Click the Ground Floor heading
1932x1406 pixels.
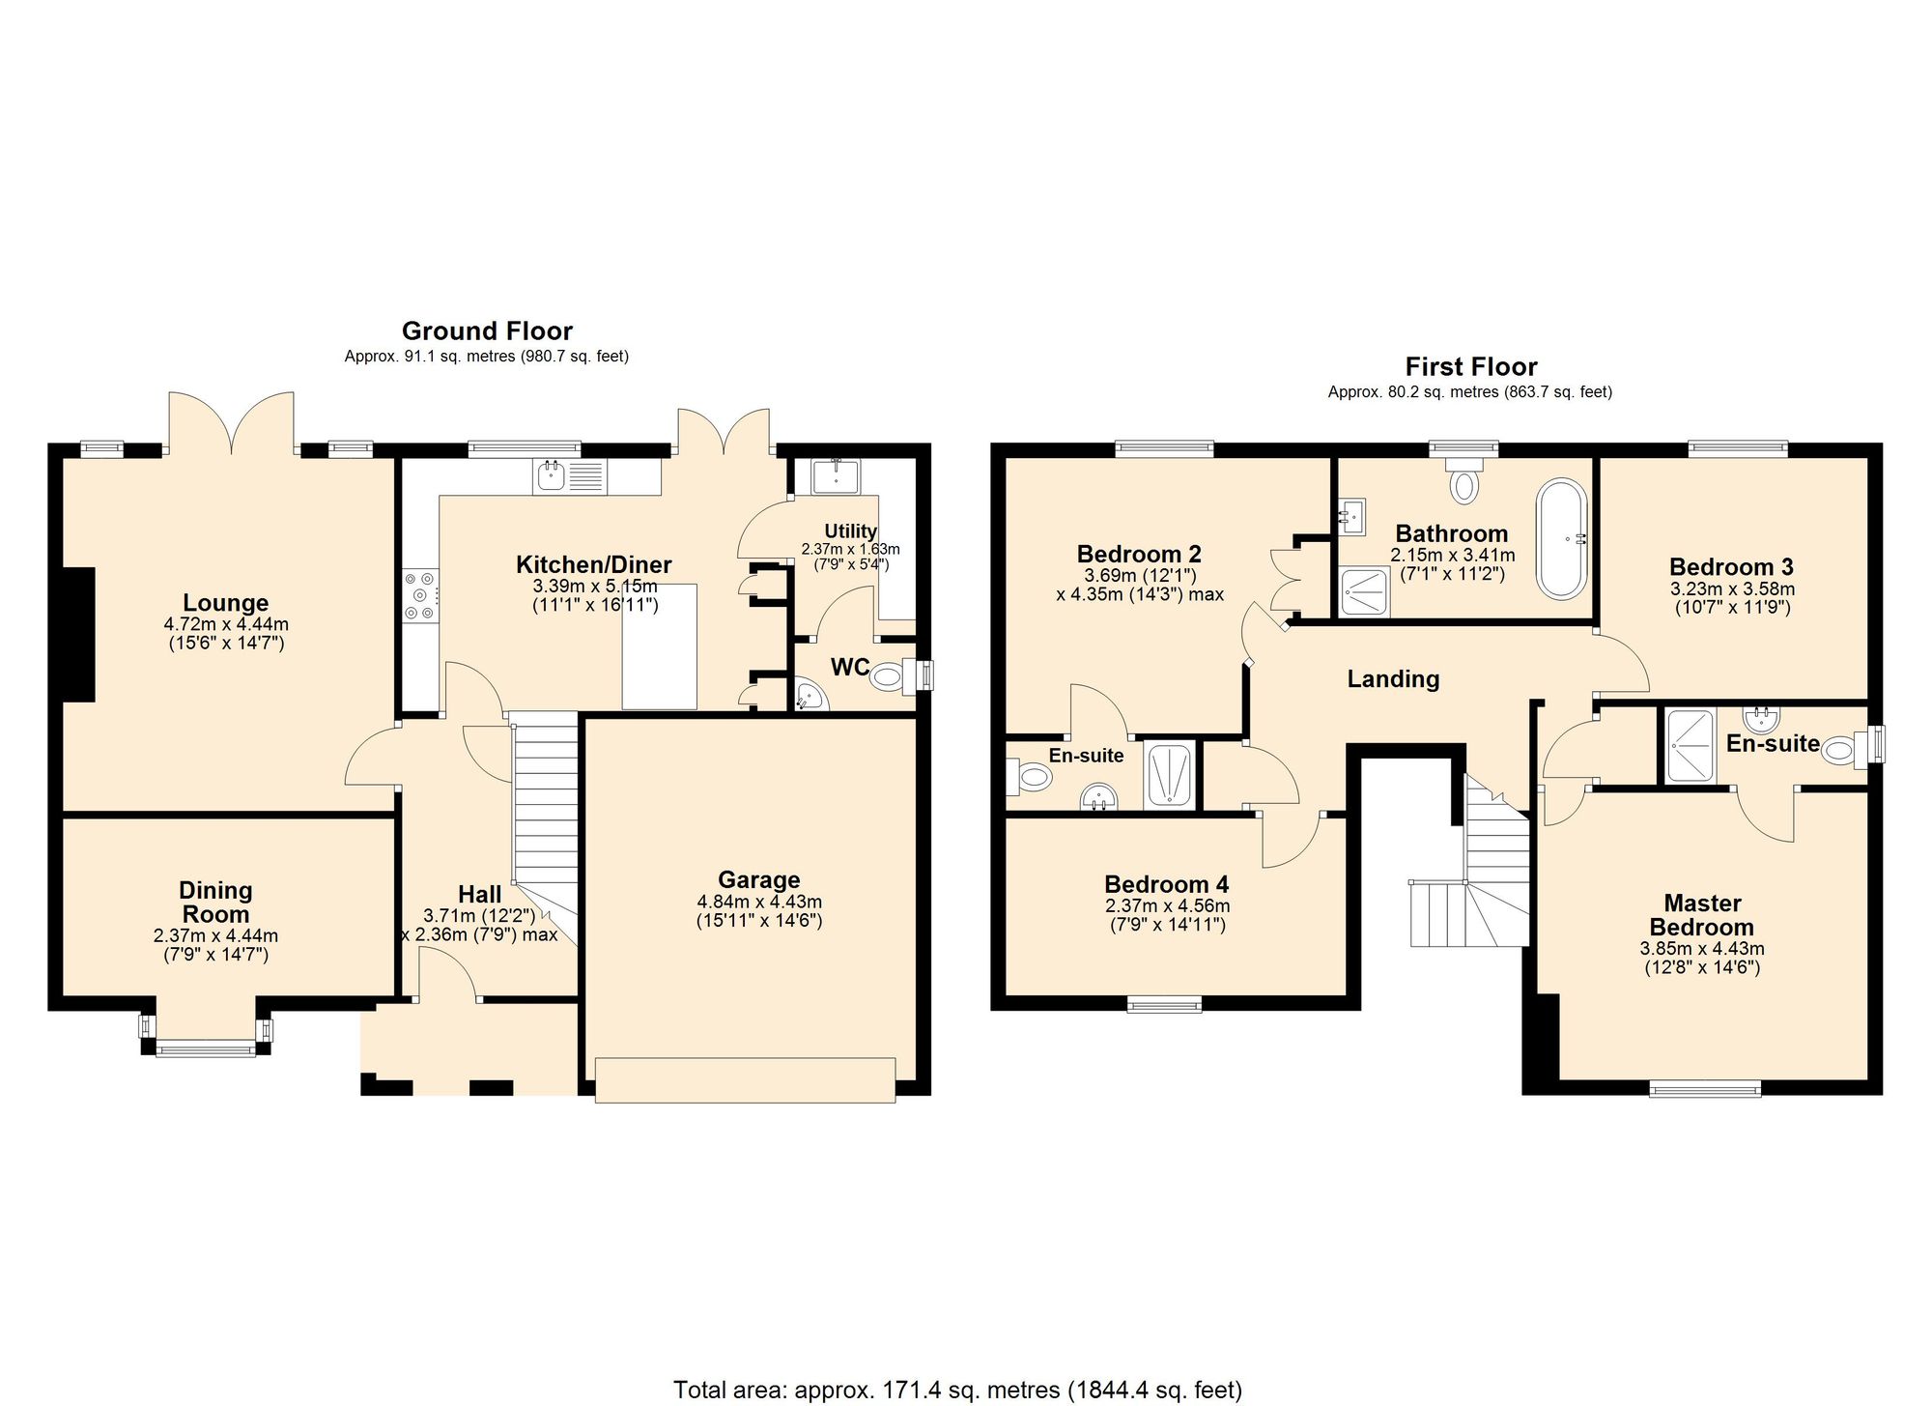click(x=487, y=331)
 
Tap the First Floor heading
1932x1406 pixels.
click(x=1470, y=367)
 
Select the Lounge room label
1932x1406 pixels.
click(x=226, y=603)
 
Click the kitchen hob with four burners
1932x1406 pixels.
click(x=420, y=595)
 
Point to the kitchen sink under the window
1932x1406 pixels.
click(x=552, y=475)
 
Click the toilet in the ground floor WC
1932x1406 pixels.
click(x=891, y=677)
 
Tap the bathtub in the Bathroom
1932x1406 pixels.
click(x=1561, y=538)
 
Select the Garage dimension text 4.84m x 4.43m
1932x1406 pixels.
click(x=759, y=902)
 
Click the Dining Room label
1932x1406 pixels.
click(x=215, y=902)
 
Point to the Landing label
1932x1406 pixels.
click(x=1393, y=679)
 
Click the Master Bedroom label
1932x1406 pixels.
click(x=1702, y=914)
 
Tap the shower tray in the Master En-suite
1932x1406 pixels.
click(x=1690, y=746)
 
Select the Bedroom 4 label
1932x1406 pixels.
click(x=1166, y=884)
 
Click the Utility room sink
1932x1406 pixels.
click(x=837, y=476)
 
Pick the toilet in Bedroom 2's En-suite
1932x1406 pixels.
click(x=1031, y=776)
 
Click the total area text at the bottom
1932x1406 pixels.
click(x=956, y=1390)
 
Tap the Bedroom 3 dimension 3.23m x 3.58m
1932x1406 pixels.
click(x=1732, y=588)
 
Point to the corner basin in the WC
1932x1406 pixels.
click(x=810, y=697)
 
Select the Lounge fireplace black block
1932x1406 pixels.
click(x=79, y=634)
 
